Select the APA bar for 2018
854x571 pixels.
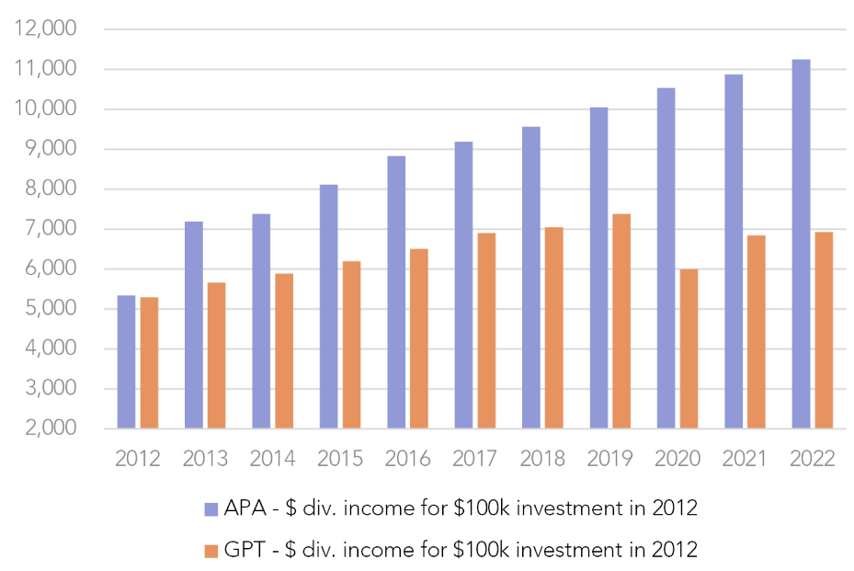[530, 277]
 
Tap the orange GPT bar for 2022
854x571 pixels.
[824, 330]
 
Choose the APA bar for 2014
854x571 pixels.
[261, 321]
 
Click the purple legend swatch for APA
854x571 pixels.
[210, 507]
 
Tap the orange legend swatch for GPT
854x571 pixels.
[210, 551]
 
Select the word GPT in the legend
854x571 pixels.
[249, 550]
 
